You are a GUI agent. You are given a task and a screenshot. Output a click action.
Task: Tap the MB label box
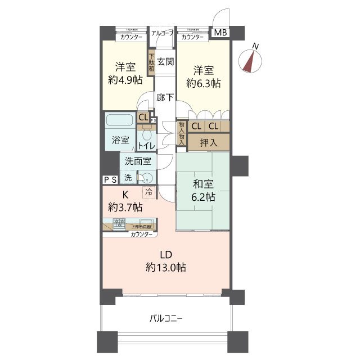point(220,33)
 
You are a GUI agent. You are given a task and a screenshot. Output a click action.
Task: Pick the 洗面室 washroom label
point(138,161)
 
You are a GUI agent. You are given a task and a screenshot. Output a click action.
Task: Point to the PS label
point(110,179)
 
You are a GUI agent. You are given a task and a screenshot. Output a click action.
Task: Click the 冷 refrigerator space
point(148,192)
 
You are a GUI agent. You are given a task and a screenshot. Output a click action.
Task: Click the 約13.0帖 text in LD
point(165,268)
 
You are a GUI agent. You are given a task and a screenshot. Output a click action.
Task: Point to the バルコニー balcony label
point(165,318)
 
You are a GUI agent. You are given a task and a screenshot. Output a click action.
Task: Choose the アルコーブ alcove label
point(163,33)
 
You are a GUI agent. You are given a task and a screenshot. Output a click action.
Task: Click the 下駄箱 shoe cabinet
point(151,64)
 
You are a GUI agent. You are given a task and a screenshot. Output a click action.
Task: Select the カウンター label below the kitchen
point(141,234)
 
